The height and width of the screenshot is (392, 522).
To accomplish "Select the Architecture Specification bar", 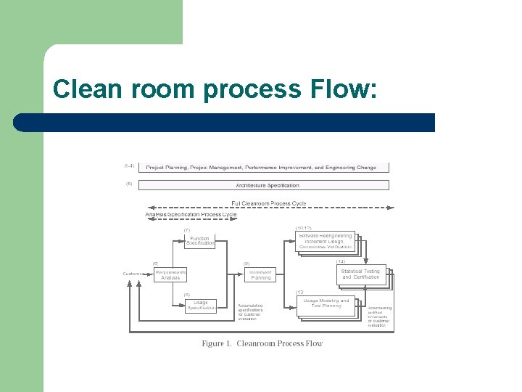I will point(263,185).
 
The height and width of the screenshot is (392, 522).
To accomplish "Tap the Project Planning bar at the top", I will point(263,167).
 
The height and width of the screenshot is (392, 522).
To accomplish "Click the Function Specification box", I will point(199,240).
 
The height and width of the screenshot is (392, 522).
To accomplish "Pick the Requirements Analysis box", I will point(170,274).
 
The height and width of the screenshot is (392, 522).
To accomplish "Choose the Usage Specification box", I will point(200,306).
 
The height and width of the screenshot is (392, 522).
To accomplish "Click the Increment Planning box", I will point(260,274).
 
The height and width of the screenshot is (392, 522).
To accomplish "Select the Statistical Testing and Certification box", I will point(361,274).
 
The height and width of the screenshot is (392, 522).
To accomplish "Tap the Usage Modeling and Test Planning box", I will point(326,303).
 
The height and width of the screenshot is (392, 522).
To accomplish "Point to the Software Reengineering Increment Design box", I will point(326,241).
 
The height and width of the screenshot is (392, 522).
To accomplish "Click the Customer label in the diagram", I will point(133,274).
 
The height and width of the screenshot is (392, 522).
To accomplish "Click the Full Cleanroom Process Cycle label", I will point(268,203).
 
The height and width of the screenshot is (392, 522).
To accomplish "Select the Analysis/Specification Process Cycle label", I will point(191,214).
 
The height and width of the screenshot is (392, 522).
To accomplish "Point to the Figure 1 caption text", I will point(262,343).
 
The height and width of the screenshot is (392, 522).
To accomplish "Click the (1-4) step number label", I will point(129,166).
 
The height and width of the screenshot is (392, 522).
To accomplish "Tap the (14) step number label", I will point(340,261).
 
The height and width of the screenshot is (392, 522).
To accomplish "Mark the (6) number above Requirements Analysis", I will point(155,263).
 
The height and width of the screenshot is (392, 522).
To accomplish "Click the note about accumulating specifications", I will point(250,312).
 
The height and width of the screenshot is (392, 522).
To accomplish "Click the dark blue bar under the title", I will point(225,122).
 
